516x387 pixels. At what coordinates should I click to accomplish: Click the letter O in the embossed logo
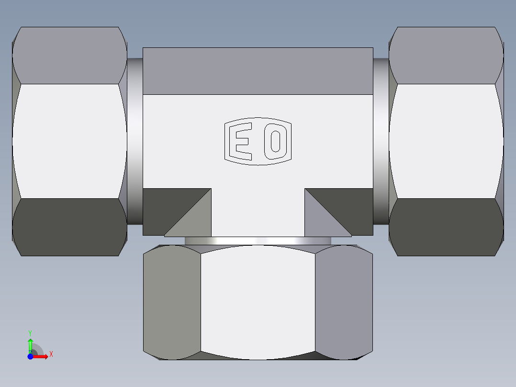pyautogui.click(x=275, y=141)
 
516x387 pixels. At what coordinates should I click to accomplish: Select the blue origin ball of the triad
pyautogui.click(x=30, y=357)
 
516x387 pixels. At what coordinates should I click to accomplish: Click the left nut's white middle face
pyautogui.click(x=69, y=141)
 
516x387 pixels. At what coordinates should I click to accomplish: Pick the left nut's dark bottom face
pyautogui.click(x=69, y=227)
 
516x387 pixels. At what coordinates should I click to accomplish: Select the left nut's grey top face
pyautogui.click(x=69, y=55)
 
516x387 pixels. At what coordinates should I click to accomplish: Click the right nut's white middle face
pyautogui.click(x=446, y=141)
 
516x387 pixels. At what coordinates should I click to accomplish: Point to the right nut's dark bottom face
pyautogui.click(x=446, y=227)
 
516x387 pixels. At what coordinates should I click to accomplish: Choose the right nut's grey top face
pyautogui.click(x=446, y=55)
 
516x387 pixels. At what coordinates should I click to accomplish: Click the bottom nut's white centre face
pyautogui.click(x=258, y=302)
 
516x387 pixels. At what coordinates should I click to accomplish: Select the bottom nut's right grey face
pyautogui.click(x=344, y=302)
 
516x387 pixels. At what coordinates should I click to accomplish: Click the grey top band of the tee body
pyautogui.click(x=258, y=71)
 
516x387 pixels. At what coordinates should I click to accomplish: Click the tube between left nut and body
pyautogui.click(x=135, y=141)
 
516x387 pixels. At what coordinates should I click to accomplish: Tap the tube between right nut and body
pyautogui.click(x=381, y=141)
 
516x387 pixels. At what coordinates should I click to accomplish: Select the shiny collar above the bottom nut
pyautogui.click(x=258, y=241)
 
